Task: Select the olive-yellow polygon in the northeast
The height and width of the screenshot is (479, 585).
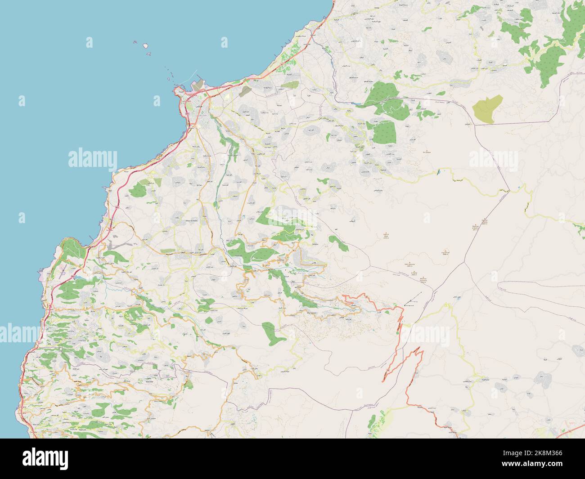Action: [487, 109]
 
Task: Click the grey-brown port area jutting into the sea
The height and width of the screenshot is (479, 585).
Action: [197, 85]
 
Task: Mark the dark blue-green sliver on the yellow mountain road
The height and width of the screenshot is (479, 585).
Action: [437, 172]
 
